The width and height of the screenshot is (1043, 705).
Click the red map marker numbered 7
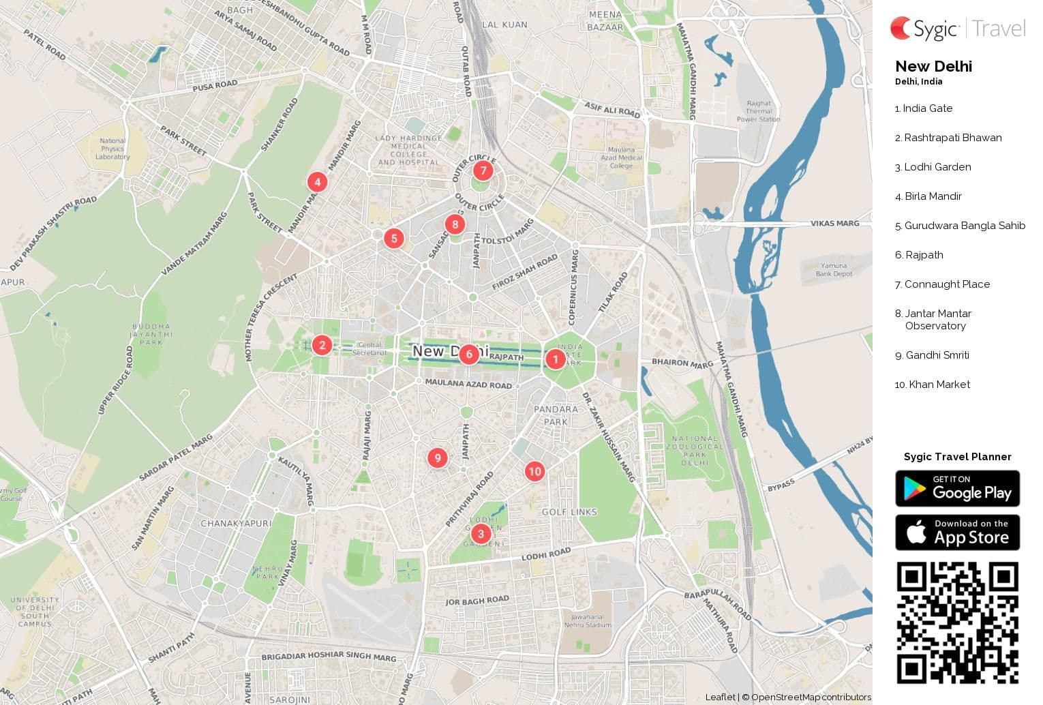tap(483, 170)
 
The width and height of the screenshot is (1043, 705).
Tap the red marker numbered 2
tap(322, 345)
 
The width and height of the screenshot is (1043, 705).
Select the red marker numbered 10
tap(534, 471)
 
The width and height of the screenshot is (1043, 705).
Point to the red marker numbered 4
tap(317, 182)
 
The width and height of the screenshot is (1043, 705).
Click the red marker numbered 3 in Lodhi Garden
tap(481, 534)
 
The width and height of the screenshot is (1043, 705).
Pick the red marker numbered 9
tap(438, 458)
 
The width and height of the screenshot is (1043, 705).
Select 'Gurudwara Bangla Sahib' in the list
tap(964, 226)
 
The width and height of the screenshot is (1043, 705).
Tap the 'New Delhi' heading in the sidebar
tap(933, 67)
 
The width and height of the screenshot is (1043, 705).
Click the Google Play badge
tap(957, 488)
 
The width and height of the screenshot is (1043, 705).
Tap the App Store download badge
tap(957, 532)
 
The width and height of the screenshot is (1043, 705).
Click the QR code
tap(957, 622)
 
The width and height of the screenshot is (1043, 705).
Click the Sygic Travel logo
tap(957, 29)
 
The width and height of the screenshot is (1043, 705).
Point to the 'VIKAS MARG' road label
tap(834, 224)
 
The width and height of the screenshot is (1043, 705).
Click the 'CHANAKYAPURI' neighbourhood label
tap(236, 524)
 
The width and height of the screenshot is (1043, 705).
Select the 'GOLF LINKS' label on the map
tap(569, 512)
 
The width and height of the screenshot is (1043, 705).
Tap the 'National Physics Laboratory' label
tap(112, 149)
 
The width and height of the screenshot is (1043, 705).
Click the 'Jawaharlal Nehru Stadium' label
tap(588, 620)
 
